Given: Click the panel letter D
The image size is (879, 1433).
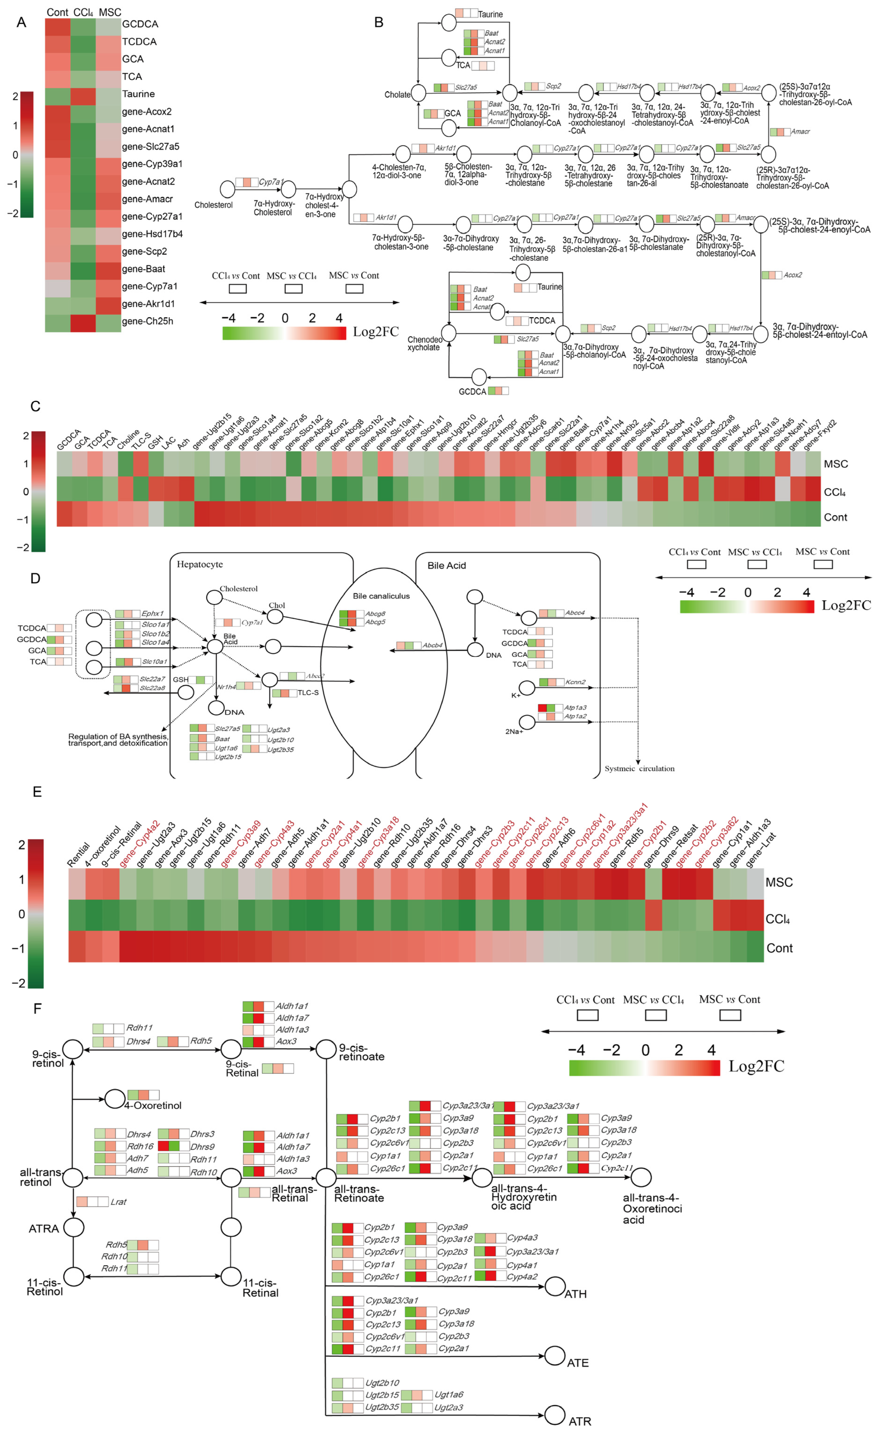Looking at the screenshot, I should (x=35, y=579).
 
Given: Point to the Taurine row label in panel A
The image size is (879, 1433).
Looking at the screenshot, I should (x=138, y=94).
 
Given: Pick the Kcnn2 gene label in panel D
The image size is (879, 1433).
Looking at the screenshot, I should (x=575, y=682).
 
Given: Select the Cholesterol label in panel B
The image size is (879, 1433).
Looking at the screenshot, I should (x=213, y=205).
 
